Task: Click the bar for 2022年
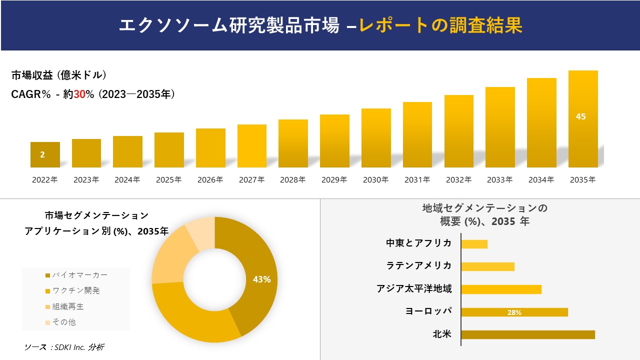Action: pyautogui.click(x=45, y=154)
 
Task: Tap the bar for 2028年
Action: pyautogui.click(x=293, y=143)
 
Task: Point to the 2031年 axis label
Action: pyautogui.click(x=417, y=180)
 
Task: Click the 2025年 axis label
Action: pyautogui.click(x=168, y=180)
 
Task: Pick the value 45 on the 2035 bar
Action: pyautogui.click(x=580, y=116)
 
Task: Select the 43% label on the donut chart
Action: pyautogui.click(x=261, y=279)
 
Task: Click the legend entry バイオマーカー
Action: pyautogui.click(x=79, y=275)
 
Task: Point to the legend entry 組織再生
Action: pyautogui.click(x=68, y=306)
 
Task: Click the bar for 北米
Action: pyautogui.click(x=527, y=334)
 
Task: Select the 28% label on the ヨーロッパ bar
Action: pyautogui.click(x=514, y=312)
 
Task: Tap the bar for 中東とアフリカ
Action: pyautogui.click(x=474, y=244)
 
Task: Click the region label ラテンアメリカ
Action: pyautogui.click(x=419, y=265)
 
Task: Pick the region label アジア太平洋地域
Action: pyautogui.click(x=414, y=288)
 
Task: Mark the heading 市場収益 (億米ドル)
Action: pyautogui.click(x=58, y=75)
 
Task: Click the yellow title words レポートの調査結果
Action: pyautogui.click(x=441, y=25)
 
